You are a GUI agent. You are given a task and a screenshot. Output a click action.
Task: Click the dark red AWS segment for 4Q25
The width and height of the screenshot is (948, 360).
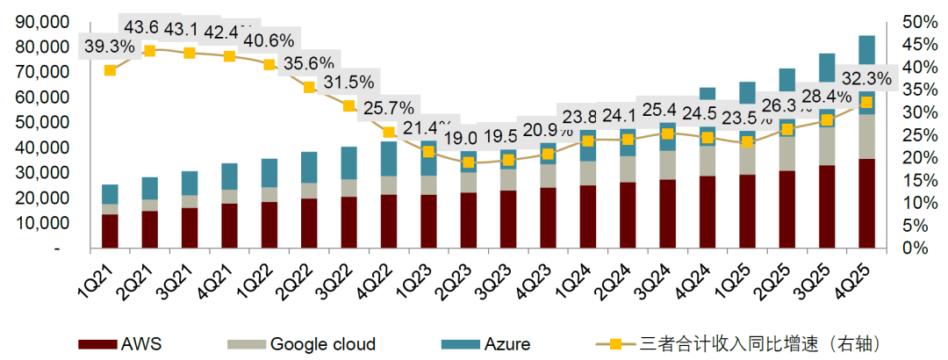coord(866,203)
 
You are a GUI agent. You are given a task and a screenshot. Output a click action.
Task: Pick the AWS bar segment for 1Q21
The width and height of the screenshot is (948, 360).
coord(110,231)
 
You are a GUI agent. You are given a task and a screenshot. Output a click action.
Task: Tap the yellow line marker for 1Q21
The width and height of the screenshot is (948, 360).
coord(110,70)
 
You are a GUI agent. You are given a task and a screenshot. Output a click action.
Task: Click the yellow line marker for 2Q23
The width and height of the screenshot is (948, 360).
coord(469,162)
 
